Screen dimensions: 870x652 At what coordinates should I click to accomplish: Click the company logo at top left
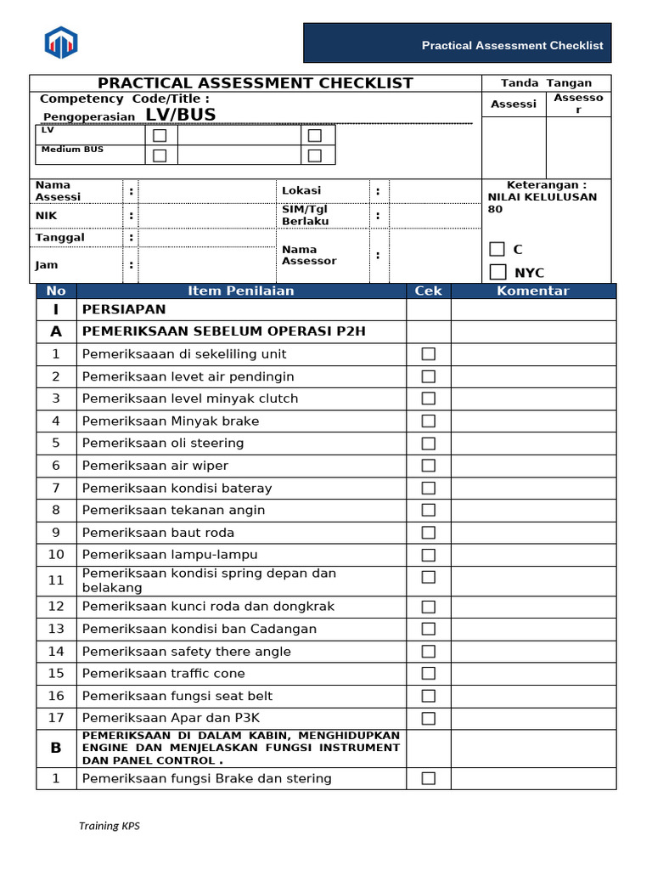tap(61, 42)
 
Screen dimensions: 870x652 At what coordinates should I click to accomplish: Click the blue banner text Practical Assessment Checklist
tap(512, 45)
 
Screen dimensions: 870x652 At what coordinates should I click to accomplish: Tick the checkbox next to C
tap(497, 249)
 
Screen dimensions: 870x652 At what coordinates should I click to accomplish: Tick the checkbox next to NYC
tap(497, 272)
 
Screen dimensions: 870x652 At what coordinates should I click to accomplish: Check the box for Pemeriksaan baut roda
tap(429, 533)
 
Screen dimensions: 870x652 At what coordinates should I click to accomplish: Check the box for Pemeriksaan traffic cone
tap(429, 674)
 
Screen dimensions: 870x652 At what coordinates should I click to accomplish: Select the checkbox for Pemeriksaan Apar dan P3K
tap(429, 718)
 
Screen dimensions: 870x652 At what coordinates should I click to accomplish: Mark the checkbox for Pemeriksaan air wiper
tap(429, 466)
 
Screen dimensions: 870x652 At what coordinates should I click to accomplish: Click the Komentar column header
tap(532, 291)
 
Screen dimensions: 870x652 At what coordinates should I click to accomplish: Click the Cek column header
tap(429, 291)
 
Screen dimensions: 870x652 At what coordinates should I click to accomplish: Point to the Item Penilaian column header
tap(241, 291)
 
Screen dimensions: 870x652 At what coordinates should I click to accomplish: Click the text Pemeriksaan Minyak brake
tap(171, 421)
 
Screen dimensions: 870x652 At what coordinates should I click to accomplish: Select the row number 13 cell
tap(56, 629)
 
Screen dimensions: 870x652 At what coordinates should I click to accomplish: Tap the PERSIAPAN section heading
tap(124, 309)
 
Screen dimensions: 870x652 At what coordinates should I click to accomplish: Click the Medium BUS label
tap(72, 150)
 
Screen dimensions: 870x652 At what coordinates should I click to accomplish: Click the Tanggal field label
tap(59, 237)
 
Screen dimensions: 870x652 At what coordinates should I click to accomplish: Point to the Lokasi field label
tap(301, 190)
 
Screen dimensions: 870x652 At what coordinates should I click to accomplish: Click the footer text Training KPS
tap(110, 826)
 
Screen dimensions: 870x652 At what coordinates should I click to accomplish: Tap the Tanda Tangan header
tap(546, 83)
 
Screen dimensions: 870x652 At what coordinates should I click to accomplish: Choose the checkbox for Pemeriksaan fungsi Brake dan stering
tap(429, 778)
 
